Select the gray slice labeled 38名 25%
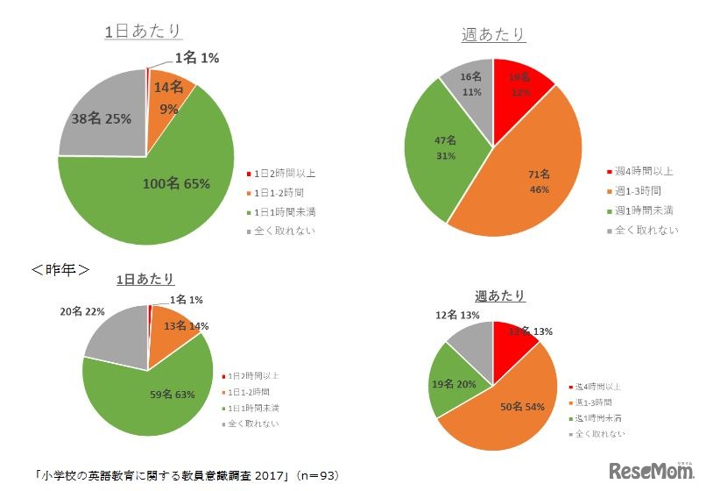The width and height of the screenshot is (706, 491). (x=96, y=118)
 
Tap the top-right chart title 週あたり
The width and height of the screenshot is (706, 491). (x=493, y=34)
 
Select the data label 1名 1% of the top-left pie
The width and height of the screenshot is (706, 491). (x=196, y=58)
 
